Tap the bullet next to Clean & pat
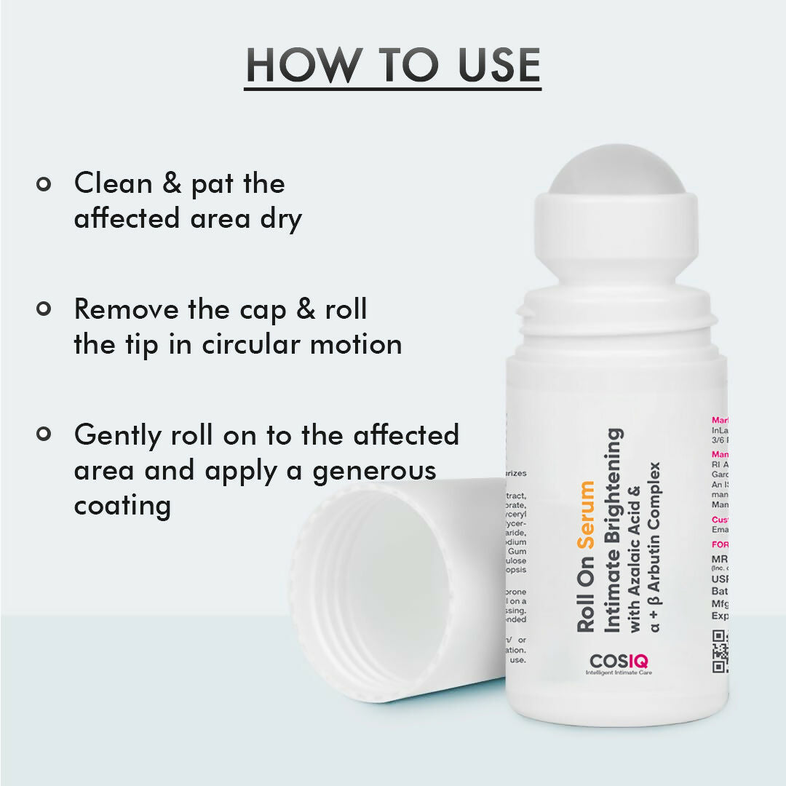(x=44, y=183)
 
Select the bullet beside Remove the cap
(x=44, y=309)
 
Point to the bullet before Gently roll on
(x=44, y=434)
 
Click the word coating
(x=122, y=505)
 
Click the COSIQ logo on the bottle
(x=619, y=662)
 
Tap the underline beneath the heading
(x=392, y=89)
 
